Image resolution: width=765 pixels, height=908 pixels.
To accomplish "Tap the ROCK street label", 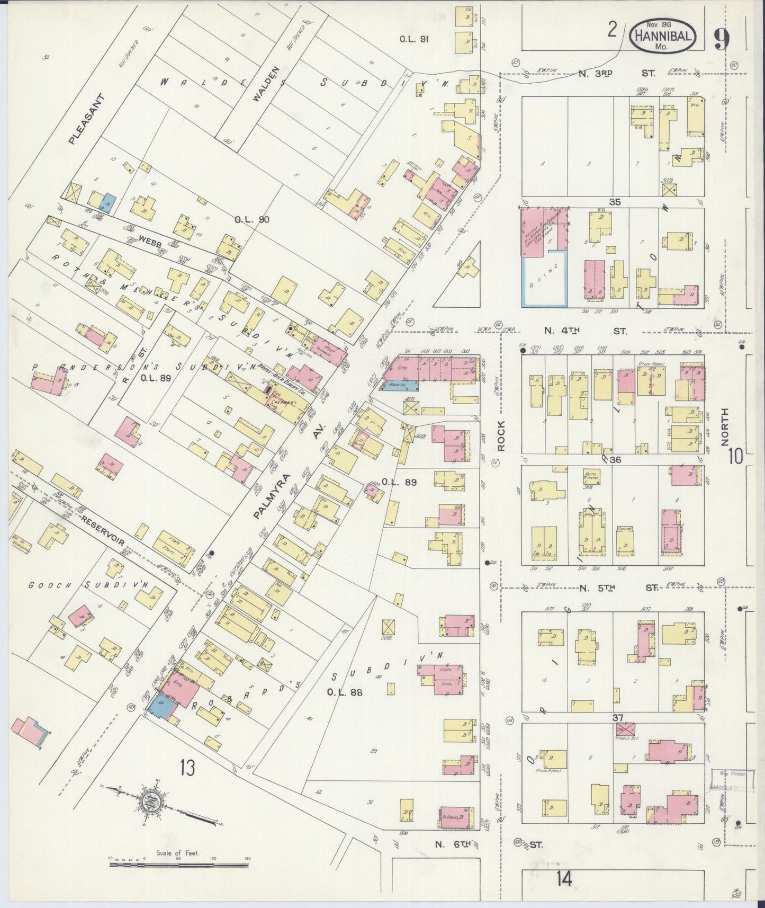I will [501, 435].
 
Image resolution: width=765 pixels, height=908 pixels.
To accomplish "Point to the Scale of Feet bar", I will [179, 865].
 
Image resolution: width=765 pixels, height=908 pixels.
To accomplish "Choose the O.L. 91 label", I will [413, 39].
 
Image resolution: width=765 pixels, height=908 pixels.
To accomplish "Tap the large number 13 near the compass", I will [186, 767].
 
